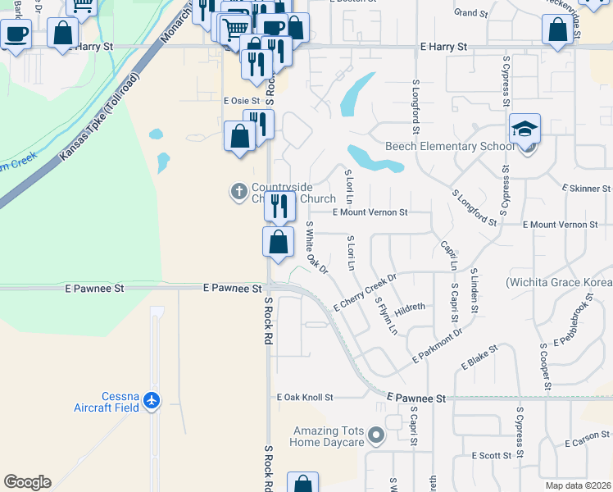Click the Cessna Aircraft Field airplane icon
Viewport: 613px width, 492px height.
pyautogui.click(x=151, y=401)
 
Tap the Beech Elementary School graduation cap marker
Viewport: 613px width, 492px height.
pyautogui.click(x=524, y=130)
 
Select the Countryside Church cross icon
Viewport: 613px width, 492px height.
pyautogui.click(x=239, y=192)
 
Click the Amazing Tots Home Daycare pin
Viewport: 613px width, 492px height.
pyautogui.click(x=376, y=435)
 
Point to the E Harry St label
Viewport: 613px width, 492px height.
pyautogui.click(x=443, y=48)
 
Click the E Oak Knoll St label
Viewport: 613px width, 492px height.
pyautogui.click(x=305, y=398)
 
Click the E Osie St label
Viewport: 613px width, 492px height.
pyautogui.click(x=243, y=101)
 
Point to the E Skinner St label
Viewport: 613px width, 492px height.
pyautogui.click(x=584, y=189)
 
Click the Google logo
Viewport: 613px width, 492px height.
pyautogui.click(x=27, y=482)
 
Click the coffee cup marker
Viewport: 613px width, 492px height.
pyautogui.click(x=15, y=34)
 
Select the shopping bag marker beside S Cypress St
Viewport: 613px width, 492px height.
pyautogui.click(x=557, y=31)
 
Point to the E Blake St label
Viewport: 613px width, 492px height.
pyautogui.click(x=479, y=358)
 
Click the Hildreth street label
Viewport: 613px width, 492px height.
pyautogui.click(x=410, y=308)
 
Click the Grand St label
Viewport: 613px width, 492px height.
pyautogui.click(x=470, y=13)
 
